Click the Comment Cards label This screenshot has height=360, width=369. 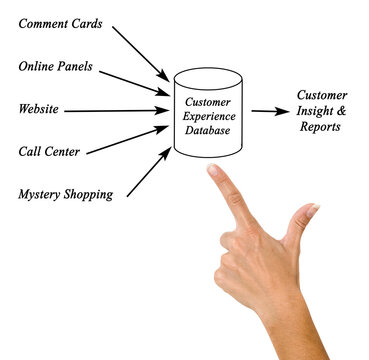(60, 23)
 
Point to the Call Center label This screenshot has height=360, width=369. (49, 152)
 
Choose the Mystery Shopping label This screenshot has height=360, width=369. (65, 194)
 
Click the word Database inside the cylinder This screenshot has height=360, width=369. (209, 129)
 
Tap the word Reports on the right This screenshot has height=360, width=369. (319, 127)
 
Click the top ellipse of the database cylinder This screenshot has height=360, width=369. (208, 77)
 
